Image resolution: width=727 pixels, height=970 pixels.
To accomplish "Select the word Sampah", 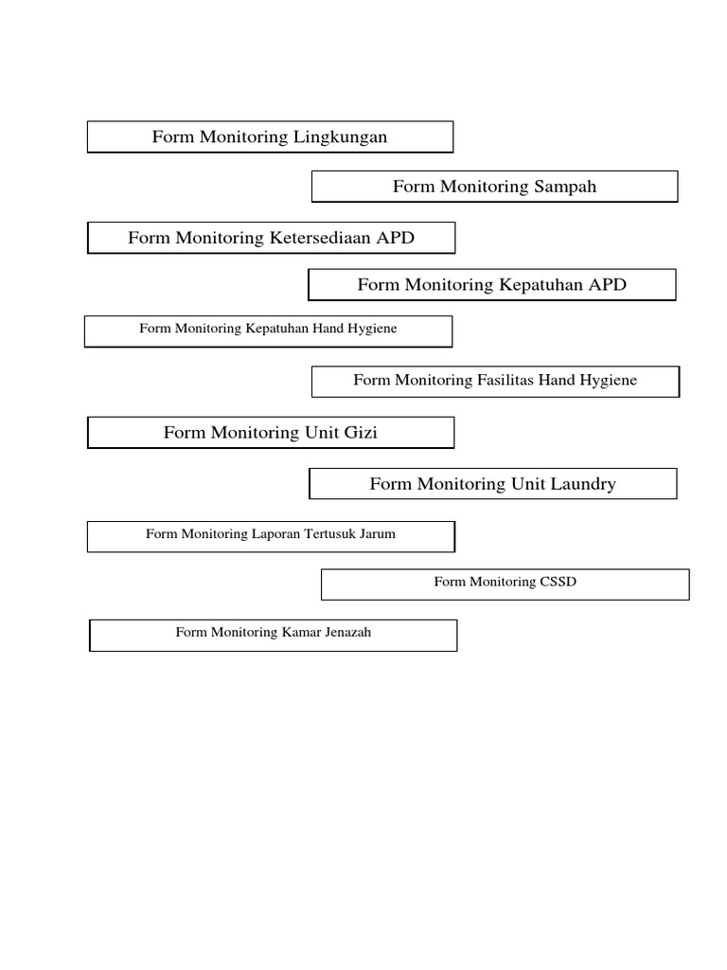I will (565, 188).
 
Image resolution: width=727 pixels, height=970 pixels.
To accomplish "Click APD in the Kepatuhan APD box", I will (607, 285).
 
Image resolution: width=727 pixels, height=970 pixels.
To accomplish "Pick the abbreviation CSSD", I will (557, 583).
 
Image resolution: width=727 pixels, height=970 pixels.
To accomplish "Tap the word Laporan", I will (275, 534).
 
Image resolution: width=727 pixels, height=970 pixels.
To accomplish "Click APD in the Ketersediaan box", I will (395, 239).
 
